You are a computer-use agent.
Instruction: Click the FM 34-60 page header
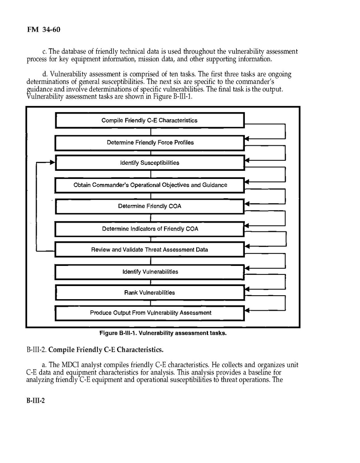click(43, 29)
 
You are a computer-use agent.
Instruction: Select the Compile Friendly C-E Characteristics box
click(149, 120)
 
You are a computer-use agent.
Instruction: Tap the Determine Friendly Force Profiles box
click(149, 143)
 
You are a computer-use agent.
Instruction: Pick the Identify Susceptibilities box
click(149, 163)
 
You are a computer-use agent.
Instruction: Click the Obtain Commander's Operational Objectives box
click(149, 185)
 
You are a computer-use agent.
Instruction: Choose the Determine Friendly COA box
click(149, 206)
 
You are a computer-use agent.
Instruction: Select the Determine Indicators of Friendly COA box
click(149, 229)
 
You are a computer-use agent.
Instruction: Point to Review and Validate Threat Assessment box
click(149, 250)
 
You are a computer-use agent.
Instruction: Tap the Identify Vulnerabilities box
click(149, 272)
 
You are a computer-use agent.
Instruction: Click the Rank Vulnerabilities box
click(149, 293)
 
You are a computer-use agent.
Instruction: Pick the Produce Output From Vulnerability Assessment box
click(149, 313)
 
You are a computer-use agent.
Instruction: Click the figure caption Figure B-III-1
click(162, 334)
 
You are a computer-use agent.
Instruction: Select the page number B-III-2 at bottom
click(36, 401)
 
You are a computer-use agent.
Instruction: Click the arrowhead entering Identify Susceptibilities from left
click(53, 163)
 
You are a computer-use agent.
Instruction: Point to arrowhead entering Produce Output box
click(248, 310)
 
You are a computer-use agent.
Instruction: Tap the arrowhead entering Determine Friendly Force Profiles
click(248, 138)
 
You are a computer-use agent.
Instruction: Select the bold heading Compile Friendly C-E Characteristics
click(106, 350)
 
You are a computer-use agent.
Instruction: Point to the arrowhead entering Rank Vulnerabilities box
click(248, 289)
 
